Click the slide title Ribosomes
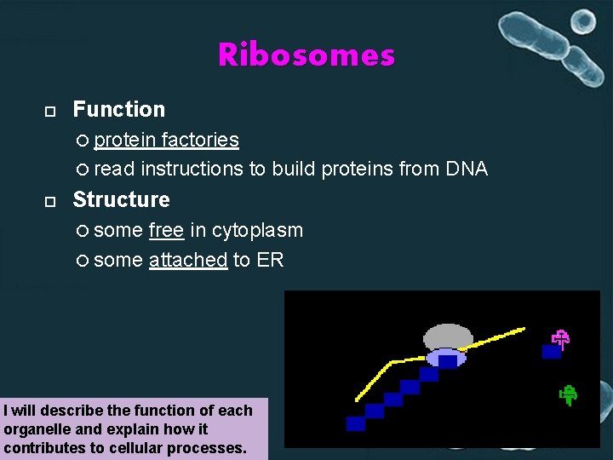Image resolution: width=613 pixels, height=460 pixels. point(306,55)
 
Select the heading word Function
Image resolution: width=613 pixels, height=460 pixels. point(119,109)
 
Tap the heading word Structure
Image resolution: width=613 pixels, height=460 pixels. point(121,199)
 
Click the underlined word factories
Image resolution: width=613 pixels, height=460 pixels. point(200,140)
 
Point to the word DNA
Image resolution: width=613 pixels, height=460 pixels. point(467,169)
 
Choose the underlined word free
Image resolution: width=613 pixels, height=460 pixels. point(166,230)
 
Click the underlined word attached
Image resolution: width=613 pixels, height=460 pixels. point(187,260)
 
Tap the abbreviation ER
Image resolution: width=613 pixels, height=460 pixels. point(270,260)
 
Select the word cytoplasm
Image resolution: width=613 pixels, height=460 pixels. point(257,231)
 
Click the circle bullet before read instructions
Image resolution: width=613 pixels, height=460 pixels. point(82,170)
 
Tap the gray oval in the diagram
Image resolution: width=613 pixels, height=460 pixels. point(448,336)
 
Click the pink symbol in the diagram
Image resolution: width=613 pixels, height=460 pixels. point(560,339)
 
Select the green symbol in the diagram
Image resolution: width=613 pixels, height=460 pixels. point(569,394)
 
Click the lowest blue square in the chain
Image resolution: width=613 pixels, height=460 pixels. point(356,423)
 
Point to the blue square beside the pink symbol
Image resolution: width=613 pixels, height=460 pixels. point(551,351)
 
